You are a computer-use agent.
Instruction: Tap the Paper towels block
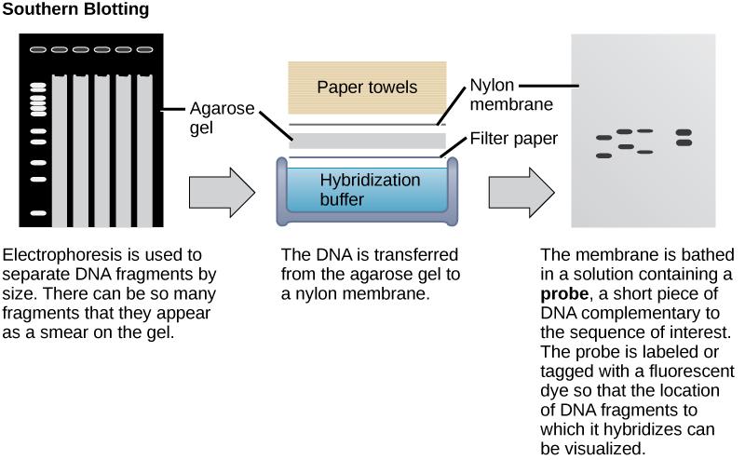pos(367,88)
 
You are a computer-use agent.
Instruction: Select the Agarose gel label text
pos(222,117)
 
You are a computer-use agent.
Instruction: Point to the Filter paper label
pos(513,139)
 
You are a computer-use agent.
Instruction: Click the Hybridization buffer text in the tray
pos(369,189)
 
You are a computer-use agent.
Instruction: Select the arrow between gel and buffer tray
pos(222,192)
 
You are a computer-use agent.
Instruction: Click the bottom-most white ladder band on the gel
pos(39,213)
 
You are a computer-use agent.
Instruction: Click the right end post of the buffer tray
pos(453,191)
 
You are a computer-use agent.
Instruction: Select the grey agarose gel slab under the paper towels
pos(367,141)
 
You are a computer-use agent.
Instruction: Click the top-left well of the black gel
pos(38,49)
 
